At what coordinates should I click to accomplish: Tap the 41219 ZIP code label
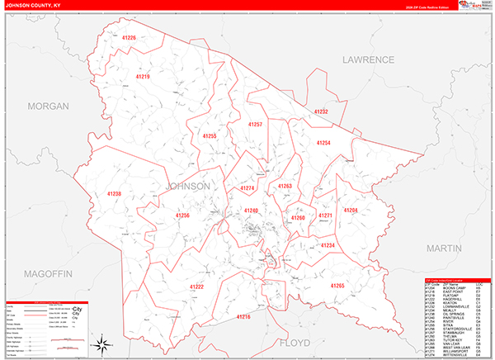pyautogui.click(x=142, y=77)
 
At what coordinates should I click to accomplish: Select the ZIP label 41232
pyautogui.click(x=320, y=111)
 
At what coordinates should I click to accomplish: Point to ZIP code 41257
pyautogui.click(x=256, y=124)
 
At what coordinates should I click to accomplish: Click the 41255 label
pyautogui.click(x=210, y=136)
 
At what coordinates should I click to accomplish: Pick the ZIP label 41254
pyautogui.click(x=323, y=143)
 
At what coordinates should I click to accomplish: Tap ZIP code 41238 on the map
pyautogui.click(x=114, y=194)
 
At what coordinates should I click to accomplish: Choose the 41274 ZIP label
pyautogui.click(x=247, y=189)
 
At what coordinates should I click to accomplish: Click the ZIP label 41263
pyautogui.click(x=285, y=187)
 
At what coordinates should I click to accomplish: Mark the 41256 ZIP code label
pyautogui.click(x=182, y=216)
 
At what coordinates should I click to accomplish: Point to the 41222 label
pyautogui.click(x=197, y=286)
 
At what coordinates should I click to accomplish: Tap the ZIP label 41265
pyautogui.click(x=337, y=286)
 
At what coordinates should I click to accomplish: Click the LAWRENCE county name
pyautogui.click(x=370, y=60)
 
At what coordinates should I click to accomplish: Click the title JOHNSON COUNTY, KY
pyautogui.click(x=35, y=5)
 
